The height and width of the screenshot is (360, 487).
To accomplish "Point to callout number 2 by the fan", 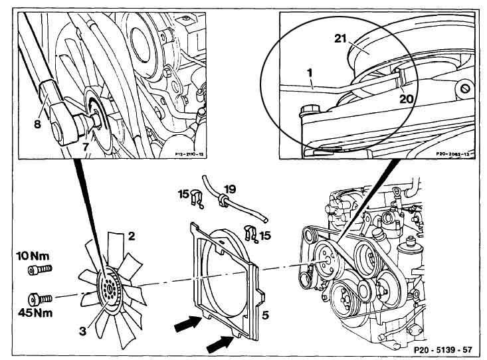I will click(x=132, y=236).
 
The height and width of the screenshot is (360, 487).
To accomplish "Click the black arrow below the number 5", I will click(x=220, y=344).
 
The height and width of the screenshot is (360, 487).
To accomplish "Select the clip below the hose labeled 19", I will click(x=252, y=233).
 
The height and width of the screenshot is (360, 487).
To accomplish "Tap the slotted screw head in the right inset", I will click(x=463, y=88).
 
